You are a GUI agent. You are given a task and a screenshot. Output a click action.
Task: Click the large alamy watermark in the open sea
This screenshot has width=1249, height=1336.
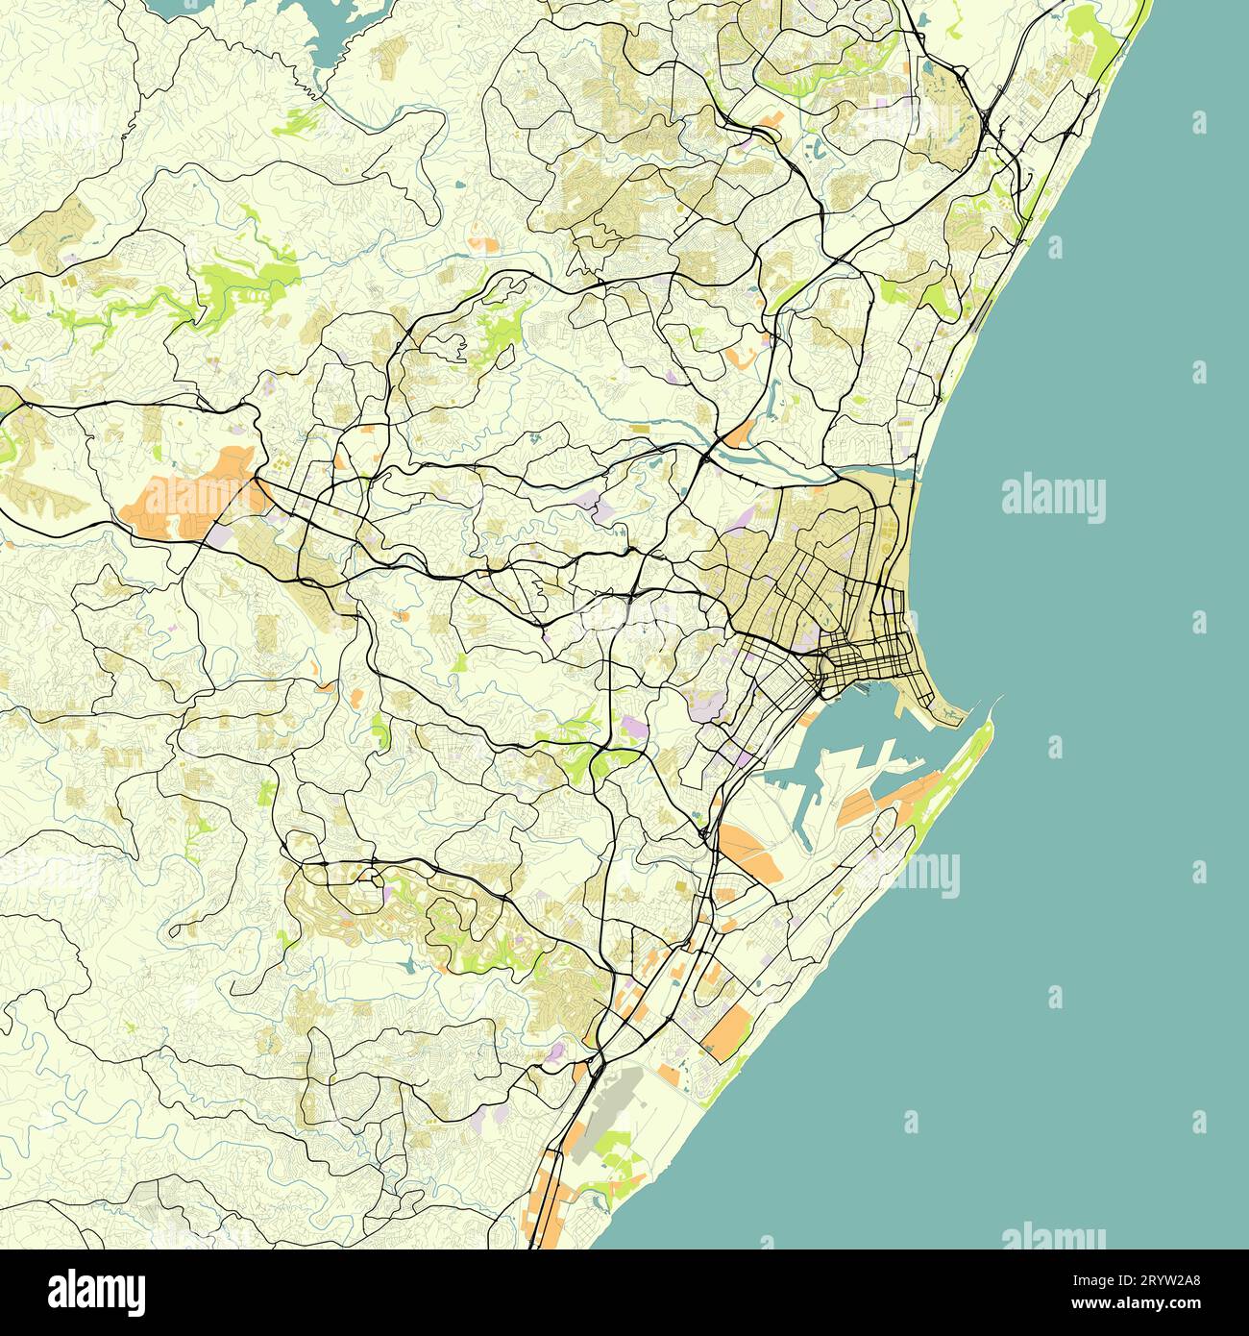click(x=1053, y=500)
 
